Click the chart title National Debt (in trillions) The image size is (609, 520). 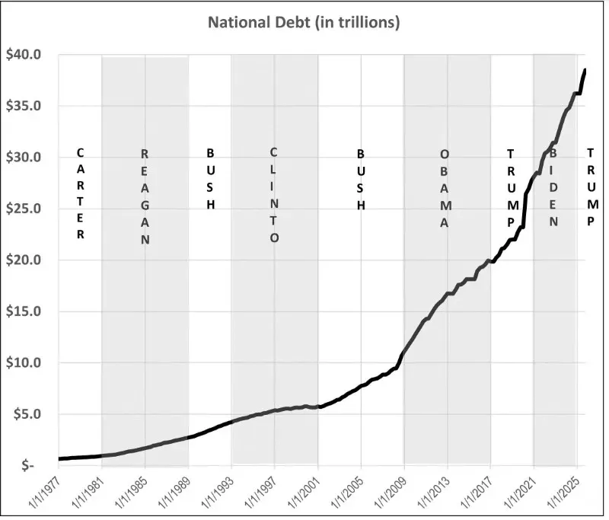[304, 23]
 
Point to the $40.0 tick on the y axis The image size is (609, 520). [24, 54]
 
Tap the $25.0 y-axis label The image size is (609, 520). [24, 209]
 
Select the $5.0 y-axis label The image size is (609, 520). [27, 414]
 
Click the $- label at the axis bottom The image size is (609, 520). [28, 465]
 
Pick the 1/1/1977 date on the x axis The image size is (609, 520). [45, 492]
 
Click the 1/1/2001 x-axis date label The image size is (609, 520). [304, 492]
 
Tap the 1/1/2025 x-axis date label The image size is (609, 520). [563, 492]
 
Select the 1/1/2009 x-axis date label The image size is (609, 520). [391, 492]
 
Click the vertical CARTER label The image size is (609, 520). [80, 194]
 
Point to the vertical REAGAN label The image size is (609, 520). [145, 197]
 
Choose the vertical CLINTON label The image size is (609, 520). [274, 195]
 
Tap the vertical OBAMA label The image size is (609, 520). [445, 189]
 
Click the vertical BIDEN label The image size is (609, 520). [553, 187]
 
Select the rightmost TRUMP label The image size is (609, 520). [591, 187]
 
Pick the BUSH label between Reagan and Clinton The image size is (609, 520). [210, 179]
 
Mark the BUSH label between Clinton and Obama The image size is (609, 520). [361, 180]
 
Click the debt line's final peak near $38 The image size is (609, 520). [585, 70]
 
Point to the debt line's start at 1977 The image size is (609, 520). [59, 458]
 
